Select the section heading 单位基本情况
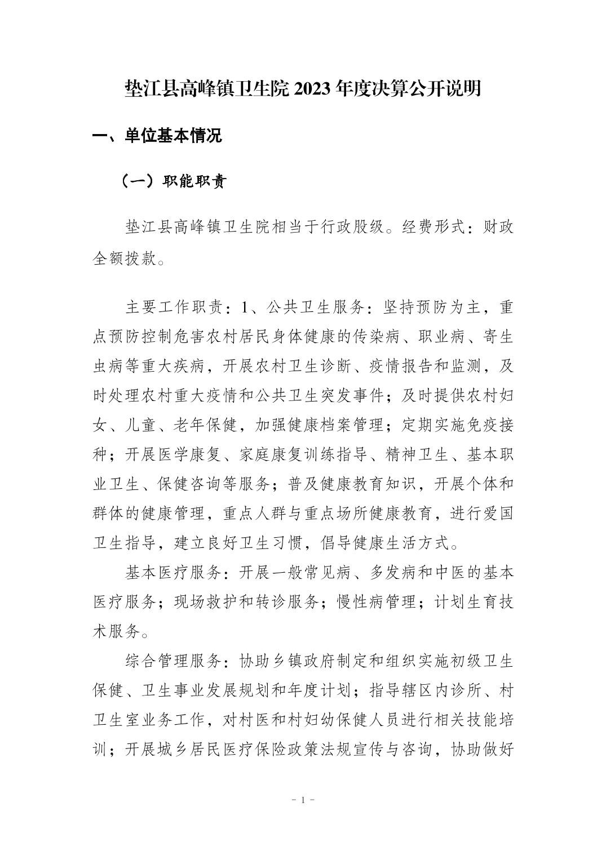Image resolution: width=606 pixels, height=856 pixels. pyautogui.click(x=173, y=136)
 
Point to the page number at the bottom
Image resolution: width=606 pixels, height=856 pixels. pyautogui.click(x=303, y=800)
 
